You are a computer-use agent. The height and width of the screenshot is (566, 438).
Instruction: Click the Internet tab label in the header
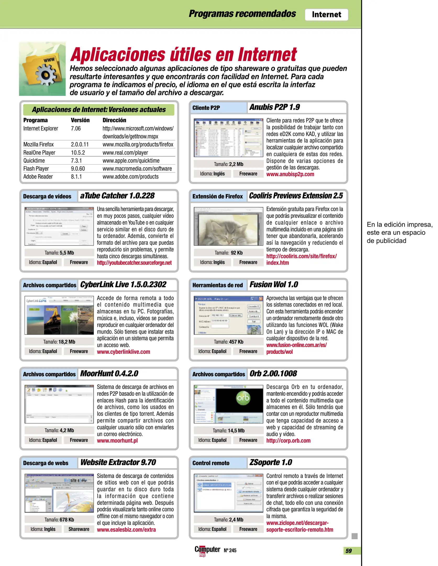326,14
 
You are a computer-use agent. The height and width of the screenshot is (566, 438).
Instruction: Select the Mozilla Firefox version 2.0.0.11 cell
80,144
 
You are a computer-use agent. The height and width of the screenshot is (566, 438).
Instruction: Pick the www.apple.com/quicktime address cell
131,161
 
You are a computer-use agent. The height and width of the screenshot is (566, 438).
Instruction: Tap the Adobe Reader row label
38,177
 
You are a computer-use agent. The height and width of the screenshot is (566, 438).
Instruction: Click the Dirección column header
114,120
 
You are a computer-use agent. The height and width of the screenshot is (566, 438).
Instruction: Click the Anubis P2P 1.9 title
274,107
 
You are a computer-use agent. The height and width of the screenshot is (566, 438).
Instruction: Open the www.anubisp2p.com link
290,174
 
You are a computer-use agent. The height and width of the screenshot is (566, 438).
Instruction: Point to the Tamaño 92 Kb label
228,253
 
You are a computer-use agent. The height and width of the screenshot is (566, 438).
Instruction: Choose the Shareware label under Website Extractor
79,529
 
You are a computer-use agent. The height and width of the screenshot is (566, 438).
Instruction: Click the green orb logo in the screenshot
243,398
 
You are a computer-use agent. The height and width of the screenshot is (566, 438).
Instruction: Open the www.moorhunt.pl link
117,441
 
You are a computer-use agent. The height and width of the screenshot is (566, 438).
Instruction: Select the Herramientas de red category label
217,285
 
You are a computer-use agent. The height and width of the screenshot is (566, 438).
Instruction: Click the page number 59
348,551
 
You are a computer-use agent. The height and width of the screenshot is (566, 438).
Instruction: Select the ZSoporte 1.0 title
270,462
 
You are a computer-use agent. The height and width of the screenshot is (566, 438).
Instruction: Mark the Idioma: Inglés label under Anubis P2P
212,174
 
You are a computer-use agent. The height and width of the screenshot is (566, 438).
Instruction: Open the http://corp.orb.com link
288,441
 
